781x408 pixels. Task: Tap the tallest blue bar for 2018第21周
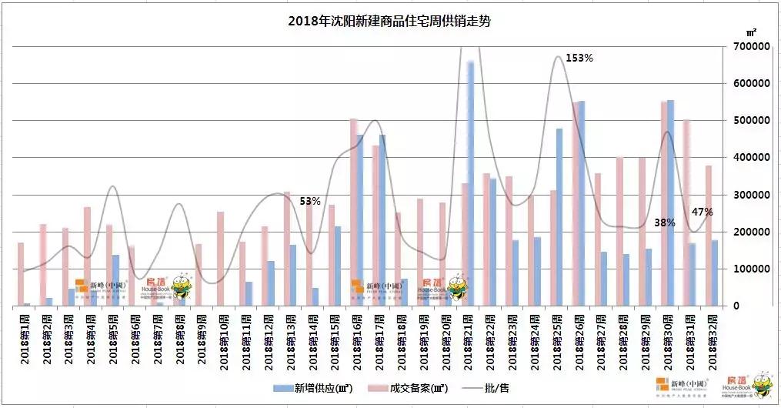tap(471, 185)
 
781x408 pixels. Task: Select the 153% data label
tap(579, 58)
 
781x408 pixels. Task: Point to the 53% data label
tap(310, 201)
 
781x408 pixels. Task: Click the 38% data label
tap(664, 222)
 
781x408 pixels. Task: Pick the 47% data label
tap(702, 212)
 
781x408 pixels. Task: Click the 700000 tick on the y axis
tap(752, 47)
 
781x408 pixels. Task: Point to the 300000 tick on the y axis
tap(752, 195)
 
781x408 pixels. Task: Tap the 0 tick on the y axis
tap(736, 306)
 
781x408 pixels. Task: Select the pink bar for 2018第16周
tap(353, 216)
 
